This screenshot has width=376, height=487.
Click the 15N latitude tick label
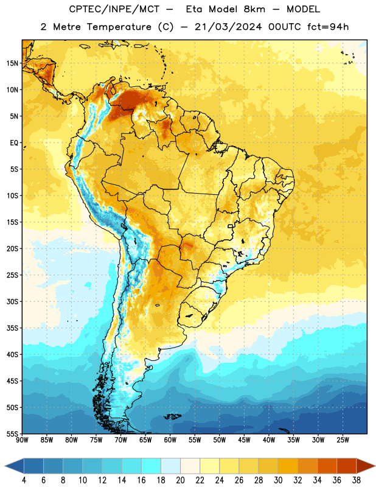(12, 63)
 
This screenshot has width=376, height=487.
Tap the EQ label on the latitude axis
(14, 143)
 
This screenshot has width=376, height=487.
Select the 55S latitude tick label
(12, 434)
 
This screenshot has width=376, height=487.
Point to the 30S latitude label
(12, 301)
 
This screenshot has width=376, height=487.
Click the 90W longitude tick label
(22, 440)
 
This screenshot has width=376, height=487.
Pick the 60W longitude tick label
(170, 440)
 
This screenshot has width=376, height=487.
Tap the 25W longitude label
(343, 440)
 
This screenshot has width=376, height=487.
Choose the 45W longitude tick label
(244, 440)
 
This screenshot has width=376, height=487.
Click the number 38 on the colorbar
(357, 480)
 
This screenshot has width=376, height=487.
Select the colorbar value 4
(24, 480)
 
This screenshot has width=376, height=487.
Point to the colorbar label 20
(180, 480)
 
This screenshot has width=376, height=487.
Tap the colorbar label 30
(278, 480)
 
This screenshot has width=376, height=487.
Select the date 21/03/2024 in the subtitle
(228, 27)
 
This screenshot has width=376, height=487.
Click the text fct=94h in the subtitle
(328, 27)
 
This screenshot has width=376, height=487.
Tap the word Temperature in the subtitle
(119, 27)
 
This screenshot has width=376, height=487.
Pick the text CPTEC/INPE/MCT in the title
(114, 9)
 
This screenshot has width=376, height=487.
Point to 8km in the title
(254, 9)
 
